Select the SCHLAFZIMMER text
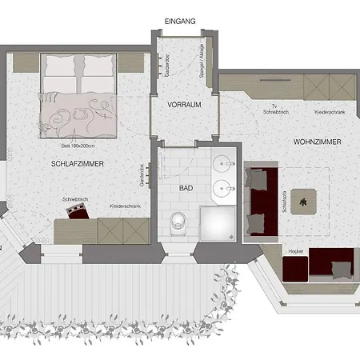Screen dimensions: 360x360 click(78, 163)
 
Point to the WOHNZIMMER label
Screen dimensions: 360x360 click(318, 142)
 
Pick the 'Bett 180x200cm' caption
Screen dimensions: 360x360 click(78, 146)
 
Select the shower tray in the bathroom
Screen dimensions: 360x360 click(219, 223)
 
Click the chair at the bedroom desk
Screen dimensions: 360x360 click(78, 212)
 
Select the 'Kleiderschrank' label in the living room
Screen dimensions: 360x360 click(330, 112)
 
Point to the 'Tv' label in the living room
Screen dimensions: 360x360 click(274, 106)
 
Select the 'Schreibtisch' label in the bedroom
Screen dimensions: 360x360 click(74, 198)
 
